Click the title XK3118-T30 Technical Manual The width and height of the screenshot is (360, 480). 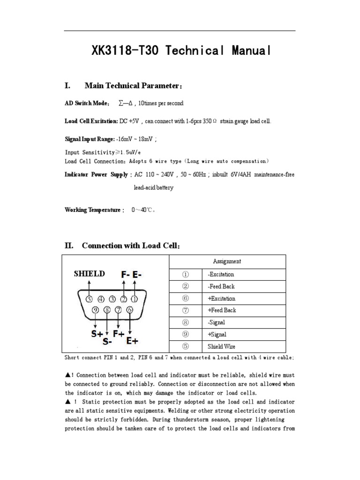pos(181,51)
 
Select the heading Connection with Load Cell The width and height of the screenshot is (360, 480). pos(131,246)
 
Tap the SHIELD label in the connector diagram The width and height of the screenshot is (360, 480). pos(89,274)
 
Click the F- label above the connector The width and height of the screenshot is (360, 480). pos(125,275)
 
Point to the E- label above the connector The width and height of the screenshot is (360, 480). pos(137,275)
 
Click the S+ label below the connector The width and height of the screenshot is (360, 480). pos(97,334)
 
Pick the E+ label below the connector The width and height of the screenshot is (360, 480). pos(132,340)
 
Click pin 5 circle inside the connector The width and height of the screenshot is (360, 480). pos(89,299)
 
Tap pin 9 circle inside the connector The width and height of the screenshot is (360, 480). pos(96,309)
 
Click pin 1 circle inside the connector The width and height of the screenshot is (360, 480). pos(134,299)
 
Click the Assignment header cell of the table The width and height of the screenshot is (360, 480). pos(227,262)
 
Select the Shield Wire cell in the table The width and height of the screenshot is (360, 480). pos(221,347)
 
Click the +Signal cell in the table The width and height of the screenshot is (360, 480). pos(217,335)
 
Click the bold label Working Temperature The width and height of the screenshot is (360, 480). pos(92,210)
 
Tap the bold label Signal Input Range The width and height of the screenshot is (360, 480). pos(89,139)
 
